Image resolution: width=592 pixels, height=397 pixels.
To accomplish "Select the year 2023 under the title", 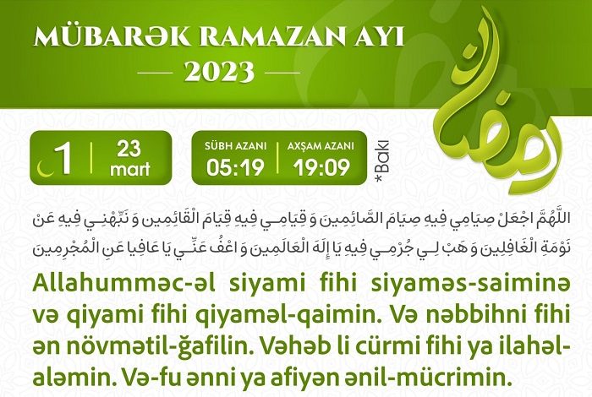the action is pos(219,72).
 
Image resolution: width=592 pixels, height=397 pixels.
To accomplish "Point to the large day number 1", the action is pos(63,159).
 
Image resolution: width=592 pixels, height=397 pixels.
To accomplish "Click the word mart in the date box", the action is pos(130,169).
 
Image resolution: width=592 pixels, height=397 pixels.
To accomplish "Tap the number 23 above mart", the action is pos(129,149).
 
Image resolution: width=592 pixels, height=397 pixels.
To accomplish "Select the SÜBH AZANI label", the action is pos(236,146).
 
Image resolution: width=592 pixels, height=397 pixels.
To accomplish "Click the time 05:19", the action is pos(235,167).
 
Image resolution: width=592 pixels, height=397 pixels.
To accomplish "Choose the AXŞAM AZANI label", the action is pos(321,146).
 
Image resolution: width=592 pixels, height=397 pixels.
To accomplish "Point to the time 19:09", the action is pos(321,167).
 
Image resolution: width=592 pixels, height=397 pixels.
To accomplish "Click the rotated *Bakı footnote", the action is pos(381,163).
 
